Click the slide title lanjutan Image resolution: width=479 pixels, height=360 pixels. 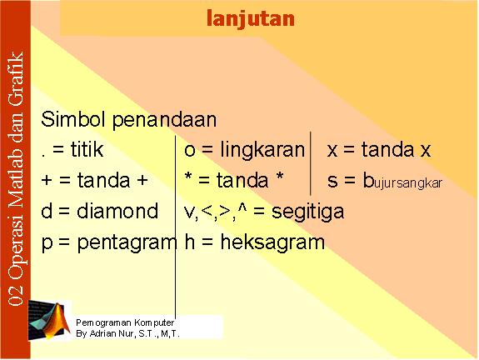click(251, 19)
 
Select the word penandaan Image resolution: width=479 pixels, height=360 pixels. click(165, 120)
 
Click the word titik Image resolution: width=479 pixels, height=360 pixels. click(87, 149)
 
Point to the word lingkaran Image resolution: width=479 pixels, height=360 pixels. click(262, 150)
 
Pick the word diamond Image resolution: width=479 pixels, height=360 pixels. click(117, 211)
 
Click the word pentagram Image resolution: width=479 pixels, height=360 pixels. click(127, 243)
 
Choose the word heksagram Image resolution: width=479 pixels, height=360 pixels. click(272, 242)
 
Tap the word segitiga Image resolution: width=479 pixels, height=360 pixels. click(307, 212)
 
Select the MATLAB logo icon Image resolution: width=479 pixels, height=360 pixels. click(49, 320)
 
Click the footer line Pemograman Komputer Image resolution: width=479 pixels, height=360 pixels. click(125, 322)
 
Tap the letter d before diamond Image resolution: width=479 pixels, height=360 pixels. click(47, 211)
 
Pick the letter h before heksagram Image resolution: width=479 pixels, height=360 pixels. click(190, 242)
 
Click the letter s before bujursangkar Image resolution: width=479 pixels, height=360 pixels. click(332, 181)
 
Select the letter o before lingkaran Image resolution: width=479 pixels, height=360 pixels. click(190, 151)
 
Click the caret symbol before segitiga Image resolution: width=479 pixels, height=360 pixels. click(242, 207)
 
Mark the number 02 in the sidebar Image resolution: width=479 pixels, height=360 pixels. click(16, 295)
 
